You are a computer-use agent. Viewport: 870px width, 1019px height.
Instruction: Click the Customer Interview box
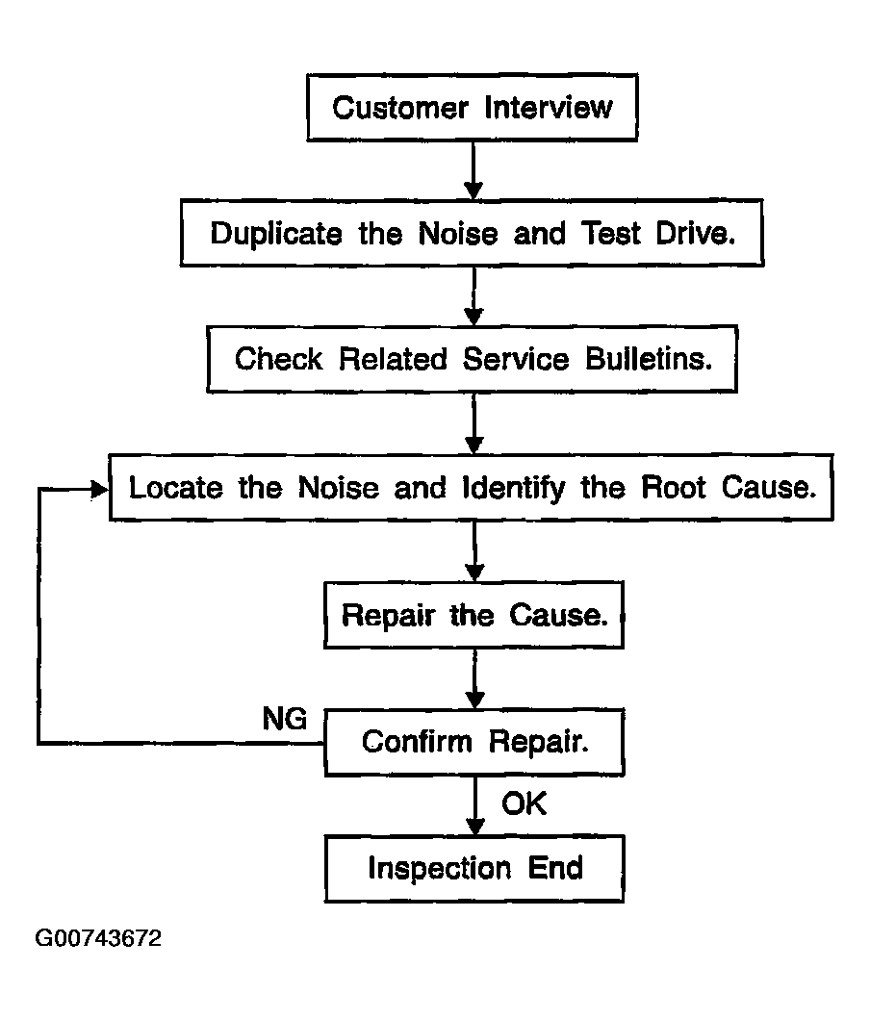click(x=473, y=107)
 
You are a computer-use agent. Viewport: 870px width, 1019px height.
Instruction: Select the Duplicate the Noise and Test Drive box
click(x=472, y=233)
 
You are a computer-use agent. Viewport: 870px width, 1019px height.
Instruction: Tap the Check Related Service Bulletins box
click(x=472, y=359)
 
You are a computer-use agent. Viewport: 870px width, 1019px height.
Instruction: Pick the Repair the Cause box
click(x=473, y=615)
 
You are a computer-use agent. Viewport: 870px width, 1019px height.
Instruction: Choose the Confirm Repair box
click(x=474, y=742)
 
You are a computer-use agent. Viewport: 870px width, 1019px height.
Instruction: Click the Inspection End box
click(x=474, y=868)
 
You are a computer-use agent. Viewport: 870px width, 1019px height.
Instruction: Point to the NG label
click(x=285, y=719)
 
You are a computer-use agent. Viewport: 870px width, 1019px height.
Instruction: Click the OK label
click(x=524, y=803)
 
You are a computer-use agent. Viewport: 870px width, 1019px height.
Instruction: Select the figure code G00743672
click(x=98, y=938)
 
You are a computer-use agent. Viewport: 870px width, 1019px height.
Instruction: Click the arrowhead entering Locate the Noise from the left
click(x=100, y=489)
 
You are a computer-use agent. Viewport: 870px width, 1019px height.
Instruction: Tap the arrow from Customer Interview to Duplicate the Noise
click(x=473, y=170)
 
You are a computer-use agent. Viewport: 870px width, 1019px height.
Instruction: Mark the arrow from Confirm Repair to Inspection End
click(x=475, y=805)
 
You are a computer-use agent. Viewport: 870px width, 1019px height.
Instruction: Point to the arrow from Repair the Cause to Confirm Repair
click(x=475, y=678)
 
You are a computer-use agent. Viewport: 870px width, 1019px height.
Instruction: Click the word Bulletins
click(x=649, y=359)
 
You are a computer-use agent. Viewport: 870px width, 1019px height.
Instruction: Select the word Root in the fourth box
click(x=673, y=488)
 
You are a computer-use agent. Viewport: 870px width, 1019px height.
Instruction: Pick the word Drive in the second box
click(x=696, y=233)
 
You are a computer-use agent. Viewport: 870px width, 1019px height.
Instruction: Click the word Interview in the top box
click(x=549, y=107)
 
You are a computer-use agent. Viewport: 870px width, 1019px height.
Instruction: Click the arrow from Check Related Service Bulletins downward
click(x=474, y=423)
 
